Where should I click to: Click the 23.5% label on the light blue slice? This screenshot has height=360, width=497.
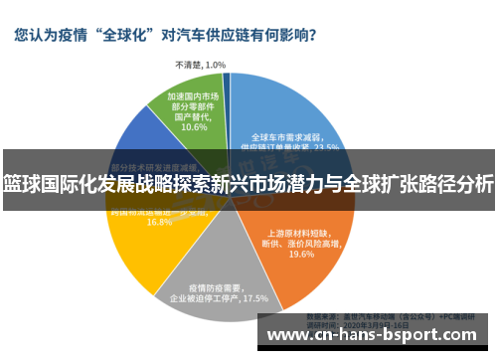point(327,146)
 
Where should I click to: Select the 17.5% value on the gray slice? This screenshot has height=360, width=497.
point(254,297)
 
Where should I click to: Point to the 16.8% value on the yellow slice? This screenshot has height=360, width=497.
point(159,222)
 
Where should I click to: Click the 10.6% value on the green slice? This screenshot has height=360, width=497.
point(194,127)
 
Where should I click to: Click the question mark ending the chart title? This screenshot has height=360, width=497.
point(312,35)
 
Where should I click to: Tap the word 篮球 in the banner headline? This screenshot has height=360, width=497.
point(21,183)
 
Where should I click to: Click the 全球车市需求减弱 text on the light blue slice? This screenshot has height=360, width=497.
point(283,135)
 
